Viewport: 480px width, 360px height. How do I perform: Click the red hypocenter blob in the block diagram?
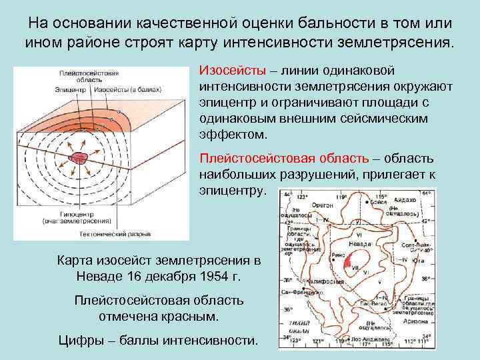pos(79,159)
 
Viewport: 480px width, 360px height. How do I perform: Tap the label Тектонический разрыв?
pos(127,235)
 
